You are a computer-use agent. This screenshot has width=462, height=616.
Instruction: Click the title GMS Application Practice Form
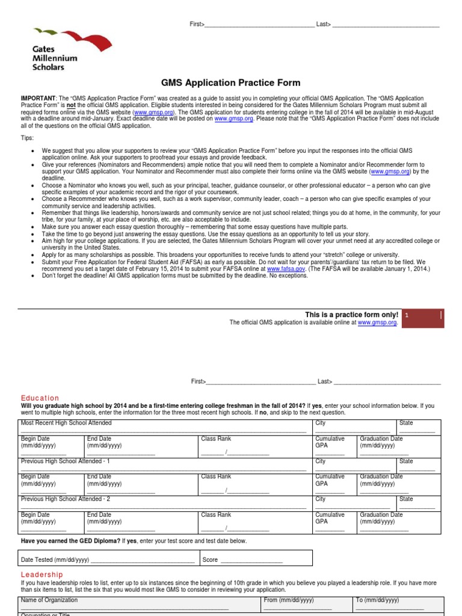[230, 83]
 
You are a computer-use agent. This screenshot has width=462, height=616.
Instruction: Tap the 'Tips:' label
[28, 138]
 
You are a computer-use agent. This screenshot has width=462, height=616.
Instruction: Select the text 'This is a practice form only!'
[352, 315]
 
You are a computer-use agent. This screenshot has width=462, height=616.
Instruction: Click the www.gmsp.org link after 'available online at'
[377, 322]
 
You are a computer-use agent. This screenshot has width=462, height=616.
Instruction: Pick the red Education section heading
[40, 398]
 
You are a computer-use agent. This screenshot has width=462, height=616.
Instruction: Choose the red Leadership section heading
[42, 575]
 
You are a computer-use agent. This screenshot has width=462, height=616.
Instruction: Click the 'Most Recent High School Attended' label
[66, 423]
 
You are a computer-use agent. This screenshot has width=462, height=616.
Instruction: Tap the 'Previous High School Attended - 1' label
[66, 461]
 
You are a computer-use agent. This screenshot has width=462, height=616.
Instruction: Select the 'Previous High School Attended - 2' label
[66, 499]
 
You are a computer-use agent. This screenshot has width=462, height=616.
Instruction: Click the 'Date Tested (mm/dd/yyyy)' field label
[55, 559]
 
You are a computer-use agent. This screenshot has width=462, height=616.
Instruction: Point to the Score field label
[210, 559]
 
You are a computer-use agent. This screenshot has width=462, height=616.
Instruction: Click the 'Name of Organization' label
[49, 600]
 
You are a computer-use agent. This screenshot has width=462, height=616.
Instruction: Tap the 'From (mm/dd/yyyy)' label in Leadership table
[289, 600]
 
